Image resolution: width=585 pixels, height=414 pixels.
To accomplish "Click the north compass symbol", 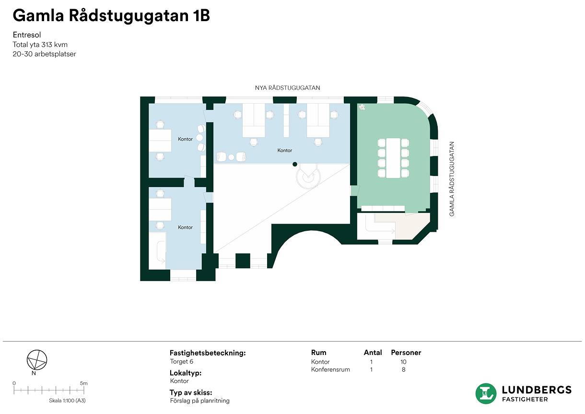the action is [37, 360].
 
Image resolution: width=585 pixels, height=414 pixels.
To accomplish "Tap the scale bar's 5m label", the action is [83, 383].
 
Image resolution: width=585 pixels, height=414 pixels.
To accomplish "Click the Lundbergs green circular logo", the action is [486, 393].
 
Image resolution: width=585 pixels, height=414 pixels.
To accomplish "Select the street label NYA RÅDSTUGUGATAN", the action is [287, 88].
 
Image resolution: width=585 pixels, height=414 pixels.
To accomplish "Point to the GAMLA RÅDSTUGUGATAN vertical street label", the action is [452, 179].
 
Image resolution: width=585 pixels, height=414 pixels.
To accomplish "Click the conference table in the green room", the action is [393, 158].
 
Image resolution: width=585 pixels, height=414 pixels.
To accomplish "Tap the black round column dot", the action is [295, 164].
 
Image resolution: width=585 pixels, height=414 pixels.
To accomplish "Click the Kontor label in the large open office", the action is [285, 150].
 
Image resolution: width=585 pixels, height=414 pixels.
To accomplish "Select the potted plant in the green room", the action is [362, 107].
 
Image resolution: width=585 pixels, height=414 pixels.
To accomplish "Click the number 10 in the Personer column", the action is [403, 362].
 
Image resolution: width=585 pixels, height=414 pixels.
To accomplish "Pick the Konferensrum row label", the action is [330, 369].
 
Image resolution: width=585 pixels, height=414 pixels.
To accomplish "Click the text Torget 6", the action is [182, 362].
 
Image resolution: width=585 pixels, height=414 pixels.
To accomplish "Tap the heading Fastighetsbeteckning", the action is [208, 353].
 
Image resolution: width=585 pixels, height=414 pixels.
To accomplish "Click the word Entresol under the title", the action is [27, 35].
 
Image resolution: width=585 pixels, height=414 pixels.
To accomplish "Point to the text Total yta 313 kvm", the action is [40, 45].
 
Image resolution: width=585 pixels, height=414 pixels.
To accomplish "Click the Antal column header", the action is [373, 353].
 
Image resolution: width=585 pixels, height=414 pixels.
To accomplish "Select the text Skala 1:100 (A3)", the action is [68, 401].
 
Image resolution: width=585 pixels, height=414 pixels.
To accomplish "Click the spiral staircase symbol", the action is [308, 176].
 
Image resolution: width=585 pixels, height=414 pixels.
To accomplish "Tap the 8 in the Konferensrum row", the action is [404, 369].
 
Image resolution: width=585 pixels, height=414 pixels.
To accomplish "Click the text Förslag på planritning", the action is [200, 401].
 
